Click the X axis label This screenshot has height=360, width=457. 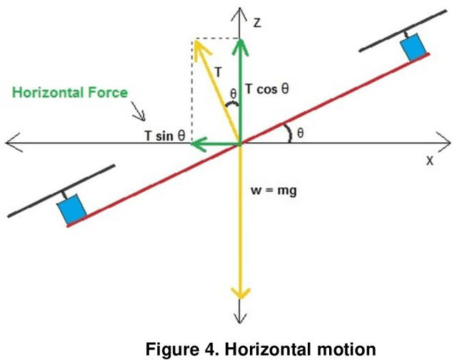pos(430,161)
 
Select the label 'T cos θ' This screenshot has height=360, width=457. pos(268,89)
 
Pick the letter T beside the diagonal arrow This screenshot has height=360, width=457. pos(218,70)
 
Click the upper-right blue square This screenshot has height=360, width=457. pos(413,48)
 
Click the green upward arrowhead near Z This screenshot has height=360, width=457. pos(241,44)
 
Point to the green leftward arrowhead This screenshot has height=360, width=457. pos(196,144)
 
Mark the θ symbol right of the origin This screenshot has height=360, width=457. pos(300,133)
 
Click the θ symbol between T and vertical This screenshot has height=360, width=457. pos(231,93)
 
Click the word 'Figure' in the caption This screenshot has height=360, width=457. pos(174,349)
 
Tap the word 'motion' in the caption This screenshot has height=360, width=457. pos(343,349)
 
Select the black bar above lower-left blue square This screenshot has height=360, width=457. pos(60,190)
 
